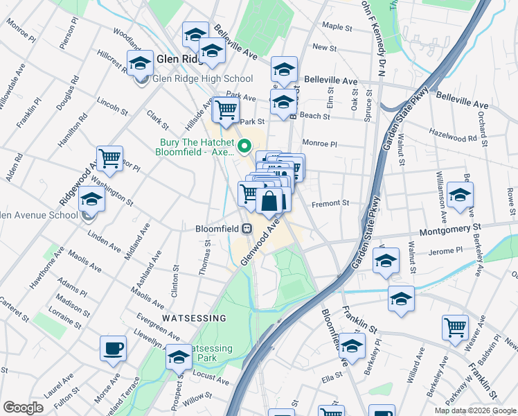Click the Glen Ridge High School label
click(202, 79)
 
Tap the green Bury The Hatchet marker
click(244, 146)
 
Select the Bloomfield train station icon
click(246, 228)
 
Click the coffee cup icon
click(113, 349)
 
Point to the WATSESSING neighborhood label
click(194, 318)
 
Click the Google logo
click(23, 408)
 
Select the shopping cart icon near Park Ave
click(226, 110)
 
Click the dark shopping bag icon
click(269, 202)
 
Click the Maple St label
click(338, 27)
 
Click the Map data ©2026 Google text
click(475, 410)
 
